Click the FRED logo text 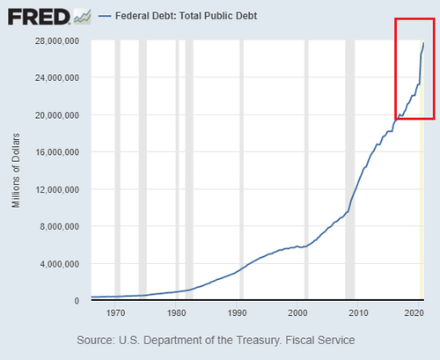point(39,17)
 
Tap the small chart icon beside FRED point(83,17)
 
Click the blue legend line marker point(105,16)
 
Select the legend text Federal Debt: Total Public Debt point(187,16)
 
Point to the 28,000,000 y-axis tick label point(57,40)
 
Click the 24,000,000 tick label point(57,77)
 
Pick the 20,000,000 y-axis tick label point(57,115)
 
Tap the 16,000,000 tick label point(57,152)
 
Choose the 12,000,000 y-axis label point(57,189)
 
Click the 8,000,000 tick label point(60,227)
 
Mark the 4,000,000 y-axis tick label point(60,264)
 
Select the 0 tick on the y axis point(77,301)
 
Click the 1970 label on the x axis point(115,313)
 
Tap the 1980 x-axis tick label point(176,313)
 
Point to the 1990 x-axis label point(237,313)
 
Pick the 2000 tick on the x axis point(297,313)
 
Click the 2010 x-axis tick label point(358,313)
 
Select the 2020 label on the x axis point(414,313)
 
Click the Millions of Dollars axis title point(16,171)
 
